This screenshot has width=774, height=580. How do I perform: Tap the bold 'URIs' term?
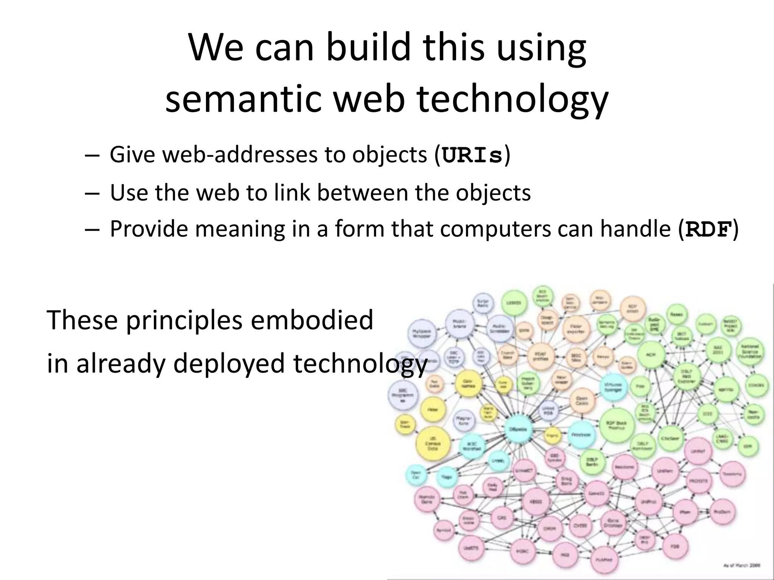pyautogui.click(x=472, y=155)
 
